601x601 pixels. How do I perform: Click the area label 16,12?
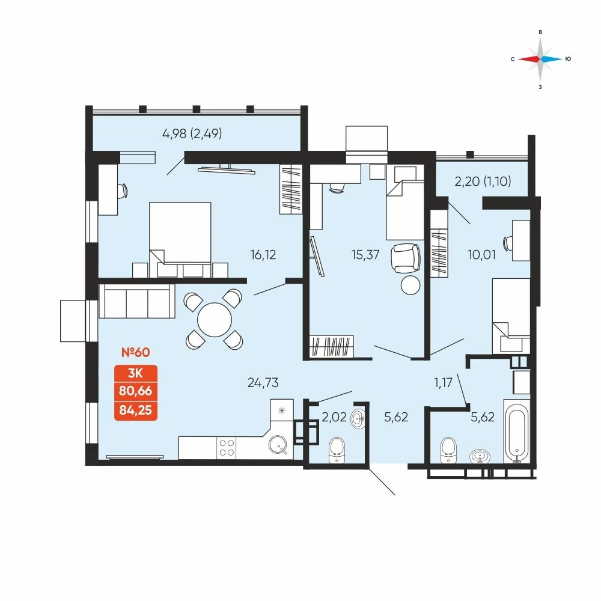coord(263,255)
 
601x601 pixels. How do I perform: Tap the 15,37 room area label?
coord(365,254)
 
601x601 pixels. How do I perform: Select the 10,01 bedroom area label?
coord(481,254)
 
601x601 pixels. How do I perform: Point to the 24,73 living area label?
coord(263,382)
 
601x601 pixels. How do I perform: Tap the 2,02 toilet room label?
coord(334,416)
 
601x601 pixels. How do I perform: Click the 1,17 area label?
coord(443,382)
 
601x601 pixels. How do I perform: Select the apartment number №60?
coord(135,352)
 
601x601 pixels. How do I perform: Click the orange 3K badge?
coord(136,373)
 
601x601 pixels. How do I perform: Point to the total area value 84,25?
coord(136,410)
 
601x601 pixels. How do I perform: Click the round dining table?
coord(215,320)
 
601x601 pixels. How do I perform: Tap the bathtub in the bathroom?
coord(517,432)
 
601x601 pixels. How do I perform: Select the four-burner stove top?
coord(226,448)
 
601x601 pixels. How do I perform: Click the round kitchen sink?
coord(278,445)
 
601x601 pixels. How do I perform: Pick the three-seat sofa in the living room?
coord(137,301)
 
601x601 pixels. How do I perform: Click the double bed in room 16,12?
coord(180,240)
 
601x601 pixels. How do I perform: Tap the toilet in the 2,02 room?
coord(337,450)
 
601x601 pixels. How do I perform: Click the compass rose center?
coord(540,59)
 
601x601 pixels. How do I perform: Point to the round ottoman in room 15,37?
coord(410,285)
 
